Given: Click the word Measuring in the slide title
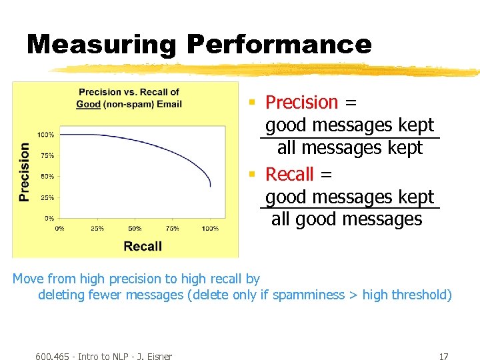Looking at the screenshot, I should [x=101, y=45].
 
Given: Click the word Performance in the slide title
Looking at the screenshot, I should [x=279, y=45].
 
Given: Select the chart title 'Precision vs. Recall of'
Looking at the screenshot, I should [x=129, y=92].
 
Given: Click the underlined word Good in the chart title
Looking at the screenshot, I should [x=88, y=104].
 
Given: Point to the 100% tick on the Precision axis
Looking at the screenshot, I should [x=45, y=135].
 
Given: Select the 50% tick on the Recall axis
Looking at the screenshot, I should [x=135, y=228].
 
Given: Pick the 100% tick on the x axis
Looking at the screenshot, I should [x=210, y=228].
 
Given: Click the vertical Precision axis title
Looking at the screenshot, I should [x=25, y=172].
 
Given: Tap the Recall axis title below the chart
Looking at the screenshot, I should [x=143, y=246].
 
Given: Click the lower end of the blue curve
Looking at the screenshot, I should [x=210, y=185].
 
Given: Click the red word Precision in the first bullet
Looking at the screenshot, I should [x=302, y=102].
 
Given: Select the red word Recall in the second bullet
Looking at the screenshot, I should [x=289, y=174].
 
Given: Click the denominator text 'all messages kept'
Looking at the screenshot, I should [x=350, y=147].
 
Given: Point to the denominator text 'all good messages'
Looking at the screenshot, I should [x=347, y=219].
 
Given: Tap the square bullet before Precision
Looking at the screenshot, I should [x=252, y=102].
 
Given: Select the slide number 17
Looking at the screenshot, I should [x=443, y=356].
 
